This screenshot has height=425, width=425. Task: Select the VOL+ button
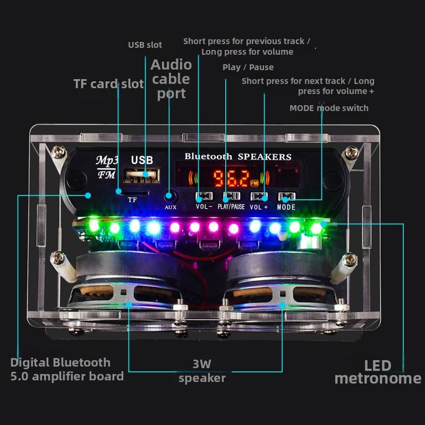tap(259, 197)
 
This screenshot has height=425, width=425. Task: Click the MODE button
tap(286, 197)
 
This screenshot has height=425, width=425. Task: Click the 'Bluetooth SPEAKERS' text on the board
tap(238, 157)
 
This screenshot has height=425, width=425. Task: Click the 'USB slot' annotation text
tap(145, 45)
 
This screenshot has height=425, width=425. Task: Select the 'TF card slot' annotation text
tap(108, 84)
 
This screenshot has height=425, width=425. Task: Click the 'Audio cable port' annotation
tap(171, 79)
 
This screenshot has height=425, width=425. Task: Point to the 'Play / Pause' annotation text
tap(248, 67)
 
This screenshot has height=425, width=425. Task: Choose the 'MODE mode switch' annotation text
tap(329, 108)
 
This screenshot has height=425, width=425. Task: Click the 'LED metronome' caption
tap(378, 372)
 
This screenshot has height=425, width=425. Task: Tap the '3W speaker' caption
tap(202, 371)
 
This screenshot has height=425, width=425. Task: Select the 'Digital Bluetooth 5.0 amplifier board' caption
tap(67, 369)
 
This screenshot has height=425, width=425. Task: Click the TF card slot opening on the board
tap(132, 190)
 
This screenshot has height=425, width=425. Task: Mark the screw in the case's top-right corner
tap(350, 154)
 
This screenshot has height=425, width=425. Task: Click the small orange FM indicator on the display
tap(254, 183)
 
